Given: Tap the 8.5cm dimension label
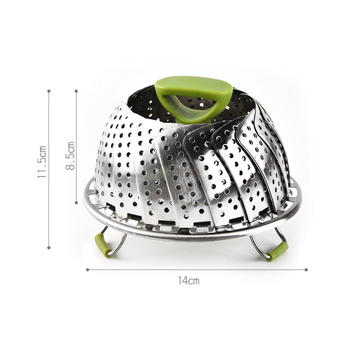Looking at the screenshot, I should tap(71, 155).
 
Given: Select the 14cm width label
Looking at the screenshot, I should tap(188, 281).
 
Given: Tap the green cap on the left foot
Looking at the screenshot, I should tap(102, 245).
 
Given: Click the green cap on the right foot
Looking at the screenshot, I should tap(277, 251).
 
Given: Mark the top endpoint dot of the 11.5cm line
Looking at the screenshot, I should tap(49, 91).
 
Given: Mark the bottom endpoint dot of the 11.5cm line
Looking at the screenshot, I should tap(49, 247).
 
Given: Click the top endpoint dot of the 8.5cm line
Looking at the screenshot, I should tap(76, 91).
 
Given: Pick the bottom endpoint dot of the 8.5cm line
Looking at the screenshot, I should tap(76, 203).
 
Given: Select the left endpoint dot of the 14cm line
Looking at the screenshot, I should tap(87, 270).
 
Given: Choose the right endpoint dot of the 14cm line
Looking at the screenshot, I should tap(306, 270).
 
